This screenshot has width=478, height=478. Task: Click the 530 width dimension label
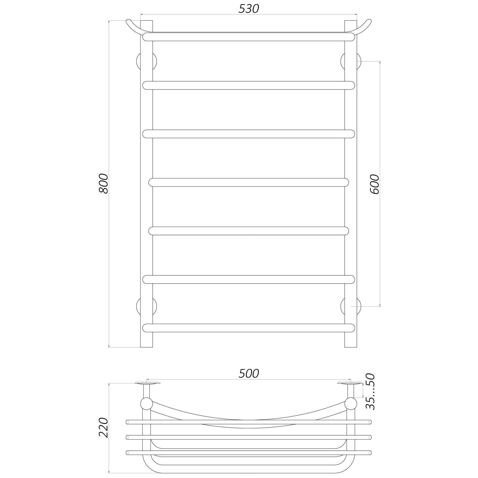249,9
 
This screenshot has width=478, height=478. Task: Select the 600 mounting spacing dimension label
374,184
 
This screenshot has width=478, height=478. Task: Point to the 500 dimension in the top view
249,373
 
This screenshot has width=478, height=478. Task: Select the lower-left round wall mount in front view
146,306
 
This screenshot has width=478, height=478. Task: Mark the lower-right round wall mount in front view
351,306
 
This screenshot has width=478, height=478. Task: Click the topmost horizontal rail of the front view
249,37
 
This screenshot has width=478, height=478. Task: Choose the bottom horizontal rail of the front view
249,328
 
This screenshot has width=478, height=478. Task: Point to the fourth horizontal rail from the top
249,182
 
